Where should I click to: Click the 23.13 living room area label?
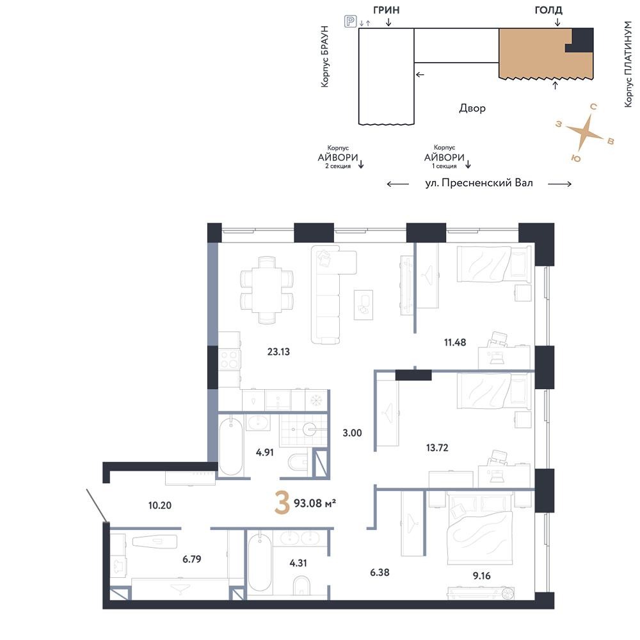coord(278,351)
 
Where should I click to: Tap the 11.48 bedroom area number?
coord(454,342)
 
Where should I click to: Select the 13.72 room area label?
coord(437,448)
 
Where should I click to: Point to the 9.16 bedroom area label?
coord(482,576)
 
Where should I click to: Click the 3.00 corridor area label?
coord(352,433)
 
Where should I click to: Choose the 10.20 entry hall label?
coord(159,506)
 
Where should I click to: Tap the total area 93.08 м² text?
coord(315,503)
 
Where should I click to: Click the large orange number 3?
coord(282,502)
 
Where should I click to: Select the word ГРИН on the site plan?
coord(386,10)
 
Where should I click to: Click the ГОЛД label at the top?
coord(548,10)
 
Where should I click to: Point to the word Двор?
coord(472,108)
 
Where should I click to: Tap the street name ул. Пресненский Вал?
coord(479,183)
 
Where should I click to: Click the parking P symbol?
coord(350,21)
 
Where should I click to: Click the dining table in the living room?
coord(267,290)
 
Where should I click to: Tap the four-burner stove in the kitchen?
coord(229,360)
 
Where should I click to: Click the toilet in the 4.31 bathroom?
coord(301,586)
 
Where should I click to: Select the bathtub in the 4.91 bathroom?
coord(230,445)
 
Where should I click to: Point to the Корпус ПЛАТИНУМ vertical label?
coord(628,65)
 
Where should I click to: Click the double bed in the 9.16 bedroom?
coord(479,529)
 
